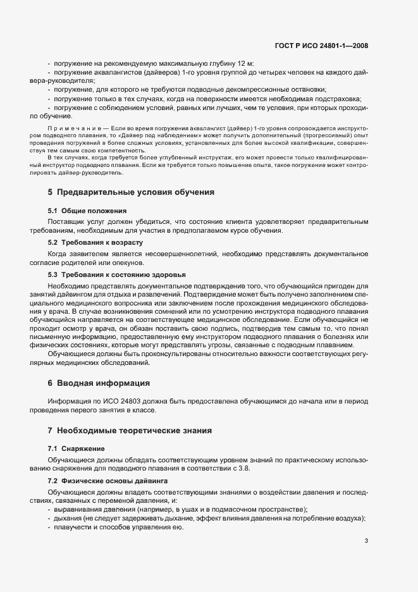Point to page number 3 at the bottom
(366, 541)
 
